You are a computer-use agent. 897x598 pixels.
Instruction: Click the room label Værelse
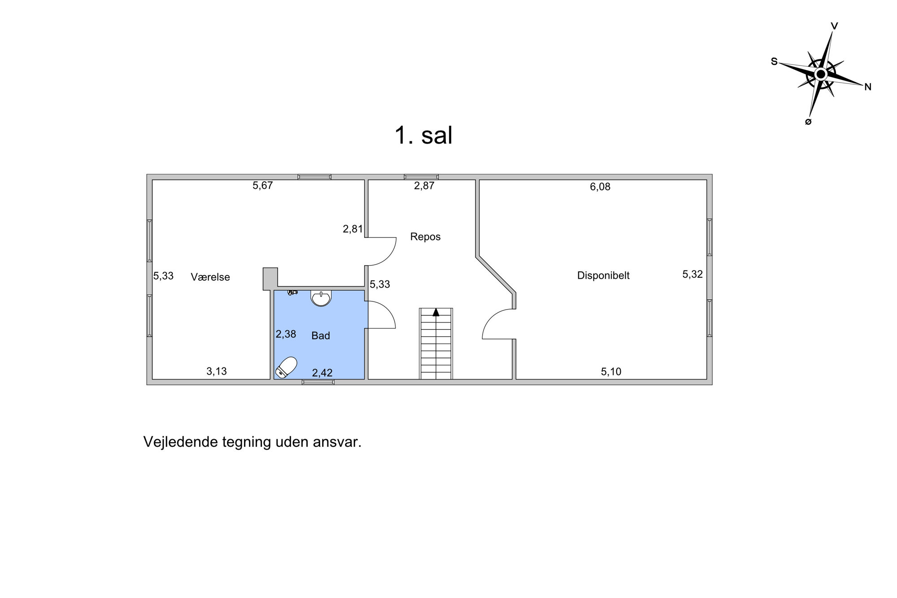pyautogui.click(x=210, y=277)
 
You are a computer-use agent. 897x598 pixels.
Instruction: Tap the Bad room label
pyautogui.click(x=321, y=336)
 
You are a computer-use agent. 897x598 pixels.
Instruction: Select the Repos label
pyautogui.click(x=425, y=237)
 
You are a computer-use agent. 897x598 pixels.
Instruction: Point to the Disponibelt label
pyautogui.click(x=603, y=275)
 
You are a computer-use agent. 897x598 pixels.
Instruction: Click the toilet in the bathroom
pyautogui.click(x=286, y=367)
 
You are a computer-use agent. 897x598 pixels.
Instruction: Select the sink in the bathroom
pyautogui.click(x=321, y=298)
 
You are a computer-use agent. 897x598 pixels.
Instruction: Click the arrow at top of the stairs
pyautogui.click(x=436, y=312)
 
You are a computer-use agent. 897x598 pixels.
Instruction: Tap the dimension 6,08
pyautogui.click(x=600, y=187)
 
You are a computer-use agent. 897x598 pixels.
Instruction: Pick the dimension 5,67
pyautogui.click(x=263, y=185)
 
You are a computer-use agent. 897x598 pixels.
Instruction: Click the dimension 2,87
pyautogui.click(x=424, y=186)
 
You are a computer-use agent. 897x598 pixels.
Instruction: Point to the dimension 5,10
pyautogui.click(x=611, y=371)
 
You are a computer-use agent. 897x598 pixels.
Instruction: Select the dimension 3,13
pyautogui.click(x=217, y=371)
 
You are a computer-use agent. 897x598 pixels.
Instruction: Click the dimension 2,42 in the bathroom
pyautogui.click(x=322, y=372)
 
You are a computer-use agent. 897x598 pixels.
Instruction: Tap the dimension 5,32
pyautogui.click(x=692, y=274)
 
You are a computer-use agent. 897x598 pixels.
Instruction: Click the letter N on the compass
pyautogui.click(x=868, y=87)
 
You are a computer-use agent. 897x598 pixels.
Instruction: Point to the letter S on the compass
pyautogui.click(x=774, y=61)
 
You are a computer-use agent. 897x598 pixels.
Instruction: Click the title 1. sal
pyautogui.click(x=423, y=135)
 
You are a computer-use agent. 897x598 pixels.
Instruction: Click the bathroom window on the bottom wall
pyautogui.click(x=318, y=382)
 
